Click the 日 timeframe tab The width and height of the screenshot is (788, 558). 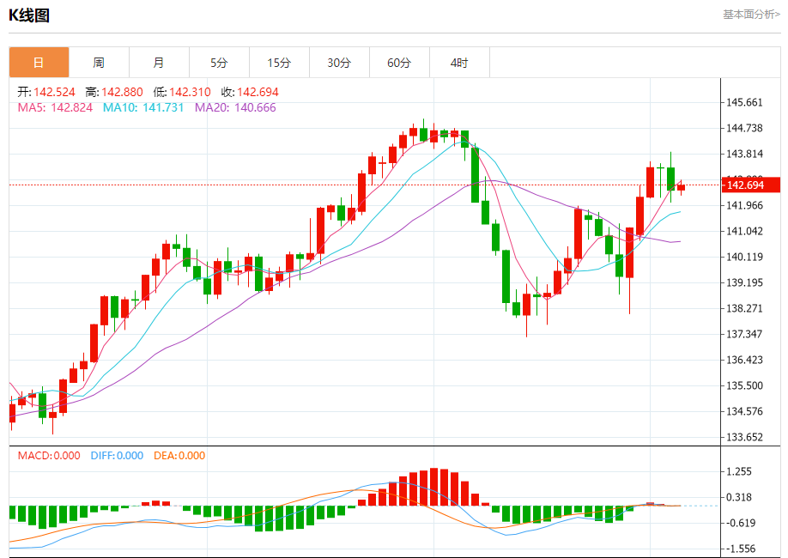[x=39, y=63]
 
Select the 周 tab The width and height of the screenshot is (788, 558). [x=99, y=63]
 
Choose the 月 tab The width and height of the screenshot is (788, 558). [x=159, y=63]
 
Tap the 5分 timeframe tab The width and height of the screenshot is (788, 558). [x=219, y=63]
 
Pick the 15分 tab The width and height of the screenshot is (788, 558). [x=279, y=63]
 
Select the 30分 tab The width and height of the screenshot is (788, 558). [x=339, y=63]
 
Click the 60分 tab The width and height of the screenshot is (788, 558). [x=399, y=63]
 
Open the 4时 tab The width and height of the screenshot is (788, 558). [x=459, y=63]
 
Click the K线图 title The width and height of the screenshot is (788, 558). [x=28, y=15]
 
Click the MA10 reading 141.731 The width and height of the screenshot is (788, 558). [x=163, y=107]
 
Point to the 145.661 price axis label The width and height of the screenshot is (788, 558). [x=744, y=102]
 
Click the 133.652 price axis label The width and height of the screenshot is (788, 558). [x=744, y=437]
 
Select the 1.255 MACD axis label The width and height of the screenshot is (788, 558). [x=740, y=471]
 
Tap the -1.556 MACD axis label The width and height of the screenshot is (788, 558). [x=740, y=549]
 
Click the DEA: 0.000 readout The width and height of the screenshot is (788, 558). [x=179, y=456]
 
